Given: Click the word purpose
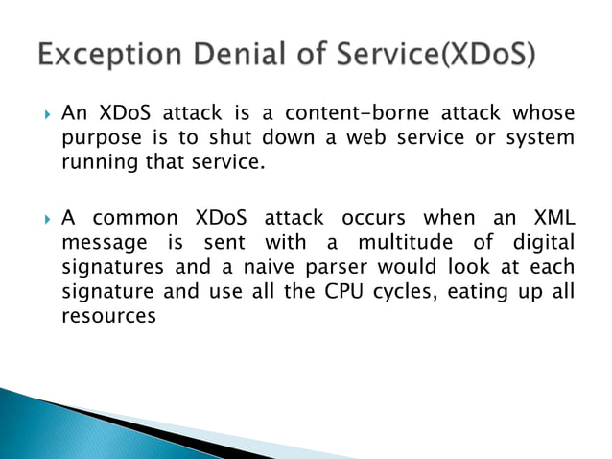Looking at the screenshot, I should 97,138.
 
